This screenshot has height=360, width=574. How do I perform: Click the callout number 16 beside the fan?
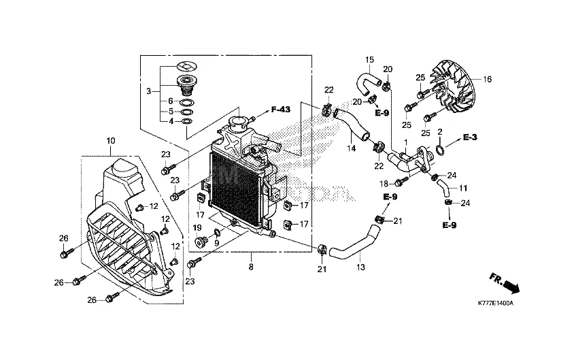coord(487,79)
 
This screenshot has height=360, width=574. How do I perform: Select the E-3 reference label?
coord(471,137)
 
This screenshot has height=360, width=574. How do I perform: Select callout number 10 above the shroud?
coord(111,140)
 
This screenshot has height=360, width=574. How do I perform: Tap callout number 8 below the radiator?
coord(250,266)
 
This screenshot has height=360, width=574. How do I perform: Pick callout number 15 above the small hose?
coord(371,59)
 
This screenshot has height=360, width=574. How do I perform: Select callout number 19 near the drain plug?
coord(197,227)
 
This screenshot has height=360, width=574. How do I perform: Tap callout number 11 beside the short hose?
coord(463,189)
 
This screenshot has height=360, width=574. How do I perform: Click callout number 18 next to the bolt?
coord(384,184)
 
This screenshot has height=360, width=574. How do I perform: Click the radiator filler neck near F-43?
coord(239,126)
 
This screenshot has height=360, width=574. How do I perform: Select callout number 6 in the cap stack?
coord(171,101)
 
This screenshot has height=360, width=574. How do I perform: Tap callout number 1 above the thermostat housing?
coord(406,143)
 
